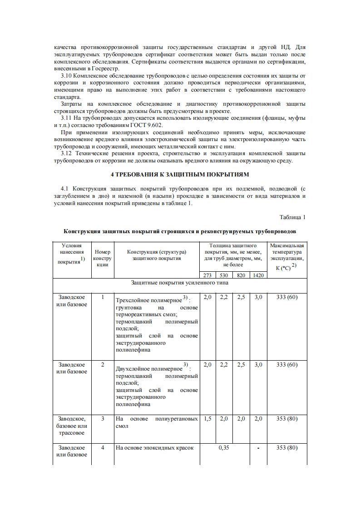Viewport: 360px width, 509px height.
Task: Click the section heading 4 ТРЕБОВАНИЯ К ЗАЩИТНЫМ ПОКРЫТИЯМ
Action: [180, 175]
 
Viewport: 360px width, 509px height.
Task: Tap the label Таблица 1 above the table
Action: [293, 217]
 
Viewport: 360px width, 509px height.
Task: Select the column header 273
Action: [207, 275]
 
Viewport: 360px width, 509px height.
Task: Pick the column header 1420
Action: [258, 275]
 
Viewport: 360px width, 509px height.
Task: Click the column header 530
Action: [224, 275]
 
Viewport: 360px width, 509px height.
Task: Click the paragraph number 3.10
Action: [66, 75]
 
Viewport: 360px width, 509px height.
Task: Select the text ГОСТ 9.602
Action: [148, 125]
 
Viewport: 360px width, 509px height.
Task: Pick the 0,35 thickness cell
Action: [224, 448]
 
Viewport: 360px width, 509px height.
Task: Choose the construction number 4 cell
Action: [103, 448]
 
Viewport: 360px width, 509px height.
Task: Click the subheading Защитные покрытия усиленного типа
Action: [180, 283]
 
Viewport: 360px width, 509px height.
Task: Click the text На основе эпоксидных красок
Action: [155, 448]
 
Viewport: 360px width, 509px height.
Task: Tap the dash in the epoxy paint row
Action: [258, 448]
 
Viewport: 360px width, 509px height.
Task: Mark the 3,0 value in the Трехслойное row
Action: [258, 298]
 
